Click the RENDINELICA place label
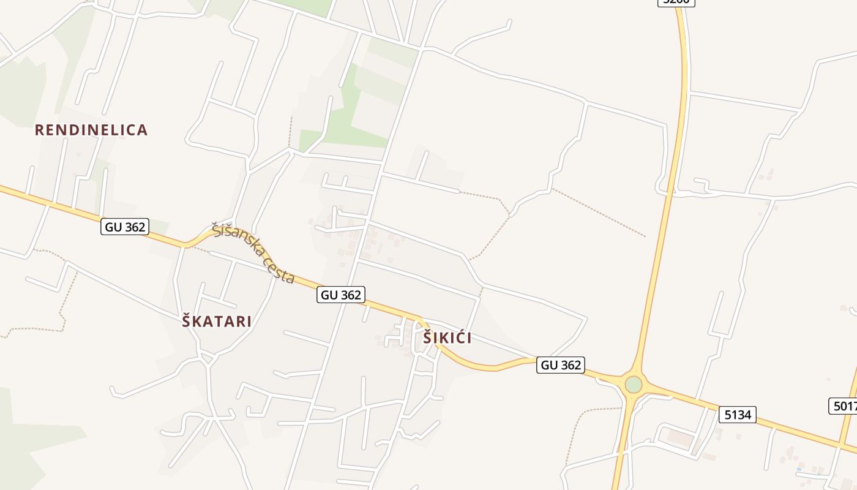[x=91, y=130]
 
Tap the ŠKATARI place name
[x=217, y=322]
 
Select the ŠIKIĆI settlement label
[x=447, y=337]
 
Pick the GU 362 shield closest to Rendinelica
[x=125, y=227]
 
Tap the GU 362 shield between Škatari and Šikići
[x=341, y=295]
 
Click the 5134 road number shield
[x=738, y=415]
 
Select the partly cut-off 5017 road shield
[x=844, y=405]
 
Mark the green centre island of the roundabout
[x=634, y=385]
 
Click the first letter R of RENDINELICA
[x=39, y=130]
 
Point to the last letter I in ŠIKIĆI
[x=469, y=337]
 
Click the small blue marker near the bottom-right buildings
[x=798, y=469]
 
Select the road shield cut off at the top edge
[x=676, y=2]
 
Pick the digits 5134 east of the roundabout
[x=738, y=415]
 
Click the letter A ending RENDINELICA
[x=143, y=130]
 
